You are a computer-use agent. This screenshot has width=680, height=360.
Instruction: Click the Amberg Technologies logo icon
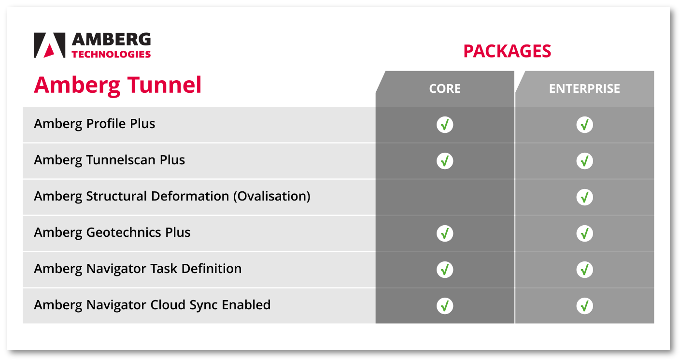(x=49, y=45)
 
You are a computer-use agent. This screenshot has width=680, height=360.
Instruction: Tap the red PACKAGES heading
(x=507, y=51)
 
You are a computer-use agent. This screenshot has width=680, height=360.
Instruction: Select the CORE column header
(x=445, y=88)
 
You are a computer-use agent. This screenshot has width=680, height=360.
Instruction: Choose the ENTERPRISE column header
(x=584, y=88)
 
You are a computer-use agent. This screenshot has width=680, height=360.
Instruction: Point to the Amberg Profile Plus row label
(x=94, y=124)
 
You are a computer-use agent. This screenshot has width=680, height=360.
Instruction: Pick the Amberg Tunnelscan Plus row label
(x=109, y=160)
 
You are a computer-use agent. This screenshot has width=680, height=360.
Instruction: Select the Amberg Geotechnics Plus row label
(x=112, y=232)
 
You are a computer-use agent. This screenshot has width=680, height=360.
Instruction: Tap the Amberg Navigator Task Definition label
(x=138, y=269)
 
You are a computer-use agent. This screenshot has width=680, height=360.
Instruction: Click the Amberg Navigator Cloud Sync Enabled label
(x=152, y=305)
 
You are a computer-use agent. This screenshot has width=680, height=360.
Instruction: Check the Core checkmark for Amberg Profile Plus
(x=445, y=125)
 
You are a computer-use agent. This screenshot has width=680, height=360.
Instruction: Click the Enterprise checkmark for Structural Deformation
(x=584, y=197)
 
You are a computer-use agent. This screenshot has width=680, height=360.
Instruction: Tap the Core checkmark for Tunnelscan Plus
(x=445, y=161)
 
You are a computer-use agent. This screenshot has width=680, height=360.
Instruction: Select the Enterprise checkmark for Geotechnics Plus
(x=584, y=233)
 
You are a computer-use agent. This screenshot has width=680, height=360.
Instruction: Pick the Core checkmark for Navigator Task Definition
(x=445, y=270)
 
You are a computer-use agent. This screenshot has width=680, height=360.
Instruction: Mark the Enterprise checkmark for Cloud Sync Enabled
(x=584, y=305)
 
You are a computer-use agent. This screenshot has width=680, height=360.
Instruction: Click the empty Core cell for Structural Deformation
(x=445, y=197)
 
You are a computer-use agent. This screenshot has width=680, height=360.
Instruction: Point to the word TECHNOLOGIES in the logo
(x=111, y=54)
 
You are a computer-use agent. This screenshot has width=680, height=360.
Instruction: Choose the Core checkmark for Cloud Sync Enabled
(x=445, y=305)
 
